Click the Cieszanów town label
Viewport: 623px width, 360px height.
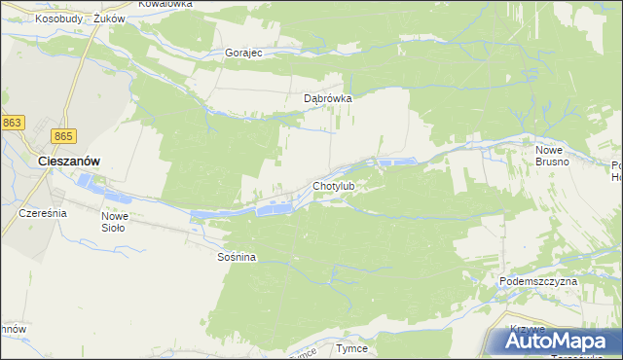(x=69, y=161)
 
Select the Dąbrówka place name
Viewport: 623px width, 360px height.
(x=326, y=98)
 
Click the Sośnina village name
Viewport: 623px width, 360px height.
(x=236, y=258)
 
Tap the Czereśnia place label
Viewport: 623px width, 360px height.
(x=42, y=212)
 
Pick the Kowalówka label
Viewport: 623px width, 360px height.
(x=165, y=4)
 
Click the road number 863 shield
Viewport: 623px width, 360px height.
(x=13, y=122)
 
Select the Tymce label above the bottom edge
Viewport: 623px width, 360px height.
(x=351, y=348)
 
